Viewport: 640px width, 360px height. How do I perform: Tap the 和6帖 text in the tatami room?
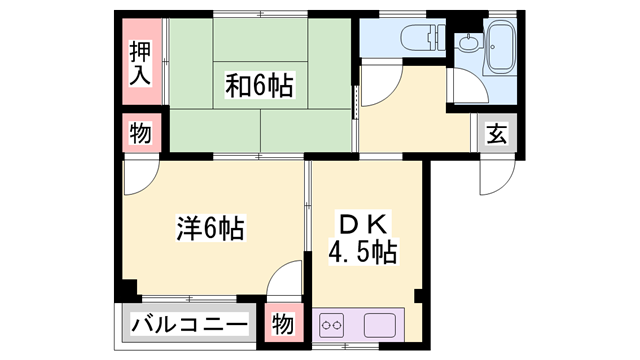click(258, 86)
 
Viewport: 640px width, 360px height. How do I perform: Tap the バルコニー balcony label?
click(189, 326)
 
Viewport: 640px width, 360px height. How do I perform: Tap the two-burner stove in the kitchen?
click(334, 326)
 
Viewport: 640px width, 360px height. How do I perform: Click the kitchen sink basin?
click(381, 326)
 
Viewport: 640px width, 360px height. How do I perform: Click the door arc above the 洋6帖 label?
click(140, 177)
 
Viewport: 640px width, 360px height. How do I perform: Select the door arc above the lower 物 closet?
click(285, 280)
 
